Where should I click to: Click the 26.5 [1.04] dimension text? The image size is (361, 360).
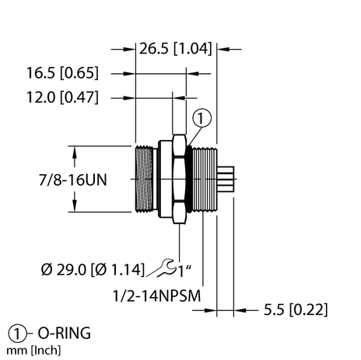(x=175, y=50)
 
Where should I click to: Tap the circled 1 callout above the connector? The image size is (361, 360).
(x=201, y=118)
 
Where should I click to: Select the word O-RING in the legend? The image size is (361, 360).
(x=62, y=334)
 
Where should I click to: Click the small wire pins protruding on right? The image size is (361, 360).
(x=226, y=180)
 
